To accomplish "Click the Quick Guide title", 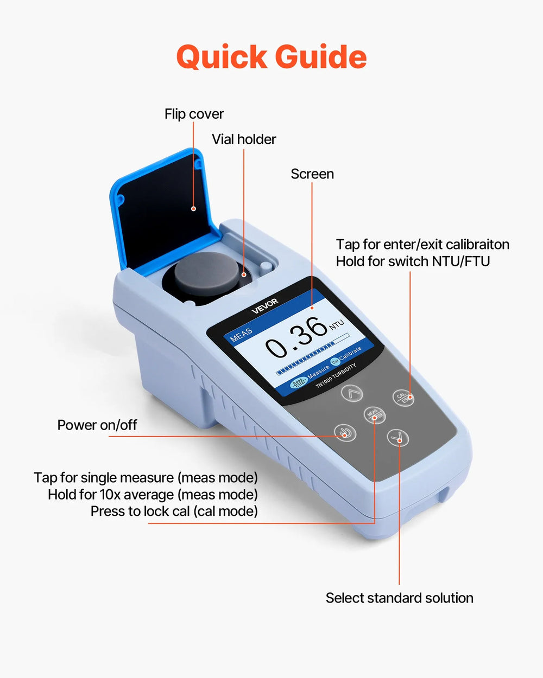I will [271, 57].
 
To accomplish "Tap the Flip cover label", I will [194, 114].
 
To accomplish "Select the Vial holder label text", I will [244, 139].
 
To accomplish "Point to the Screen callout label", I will [312, 174].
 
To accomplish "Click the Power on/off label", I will [97, 425].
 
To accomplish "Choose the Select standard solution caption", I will [399, 598].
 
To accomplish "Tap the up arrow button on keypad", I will [352, 393].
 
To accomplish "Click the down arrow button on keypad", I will [398, 437].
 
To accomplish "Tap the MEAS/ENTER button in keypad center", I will [375, 415].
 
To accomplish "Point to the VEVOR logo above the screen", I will [265, 306].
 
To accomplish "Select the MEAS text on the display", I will [241, 334].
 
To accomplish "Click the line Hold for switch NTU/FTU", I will [413, 261].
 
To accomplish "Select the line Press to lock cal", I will [174, 511].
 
